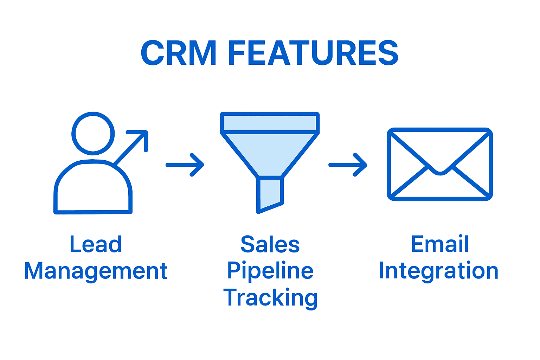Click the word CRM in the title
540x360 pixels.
pyautogui.click(x=179, y=53)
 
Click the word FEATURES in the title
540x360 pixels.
pyautogui.click(x=313, y=53)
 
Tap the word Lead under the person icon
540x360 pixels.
pyautogui.click(x=96, y=244)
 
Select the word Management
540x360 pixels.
pyautogui.click(x=96, y=271)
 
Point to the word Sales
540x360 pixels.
pyautogui.click(x=270, y=244)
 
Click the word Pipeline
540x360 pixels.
pyautogui.click(x=270, y=271)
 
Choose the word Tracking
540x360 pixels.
pyautogui.click(x=270, y=298)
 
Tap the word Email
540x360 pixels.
pyautogui.click(x=439, y=244)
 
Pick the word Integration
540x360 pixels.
pyautogui.click(x=439, y=271)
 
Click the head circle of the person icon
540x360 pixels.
pyautogui.click(x=93, y=134)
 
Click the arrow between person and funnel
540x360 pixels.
pyautogui.click(x=185, y=165)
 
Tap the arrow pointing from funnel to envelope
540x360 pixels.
pyautogui.click(x=348, y=165)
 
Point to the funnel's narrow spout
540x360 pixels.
pyautogui.click(x=270, y=193)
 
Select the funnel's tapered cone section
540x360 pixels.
pyautogui.click(x=270, y=153)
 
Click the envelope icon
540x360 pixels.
pyautogui.click(x=439, y=164)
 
